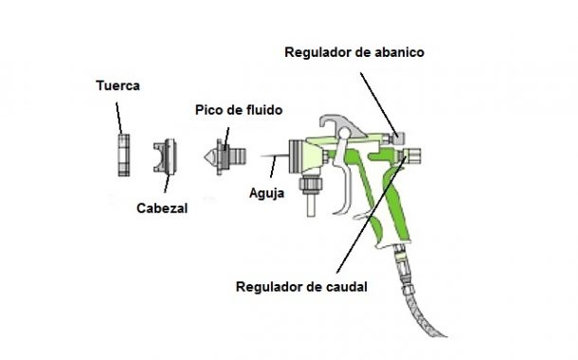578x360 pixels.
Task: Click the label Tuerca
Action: [118, 85]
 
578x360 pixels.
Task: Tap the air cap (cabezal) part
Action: [169, 156]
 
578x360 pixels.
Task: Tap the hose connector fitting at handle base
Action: [399, 256]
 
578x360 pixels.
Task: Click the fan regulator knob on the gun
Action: [400, 132]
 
